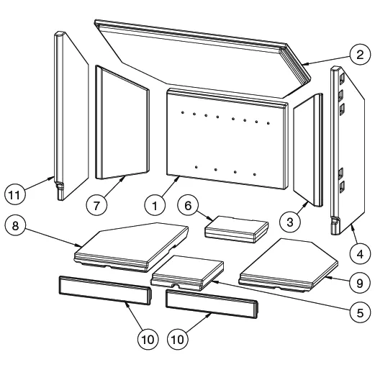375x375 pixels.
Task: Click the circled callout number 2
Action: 360,55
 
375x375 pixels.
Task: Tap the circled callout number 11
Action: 14,194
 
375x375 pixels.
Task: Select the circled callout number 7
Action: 96,206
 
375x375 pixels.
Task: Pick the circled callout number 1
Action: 155,206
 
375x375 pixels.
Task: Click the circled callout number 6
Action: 188,206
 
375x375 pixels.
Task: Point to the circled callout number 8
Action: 15,225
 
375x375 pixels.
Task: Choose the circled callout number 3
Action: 290,222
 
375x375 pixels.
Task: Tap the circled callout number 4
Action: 360,254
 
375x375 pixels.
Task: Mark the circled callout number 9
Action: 360,283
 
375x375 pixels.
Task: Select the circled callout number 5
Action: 360,312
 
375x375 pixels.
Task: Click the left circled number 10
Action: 148,339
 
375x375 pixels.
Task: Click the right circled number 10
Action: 178,339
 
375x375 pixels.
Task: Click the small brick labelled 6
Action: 236,229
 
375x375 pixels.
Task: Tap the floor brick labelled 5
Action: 187,273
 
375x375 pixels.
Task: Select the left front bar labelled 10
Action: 105,290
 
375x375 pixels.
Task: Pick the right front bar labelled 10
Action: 212,304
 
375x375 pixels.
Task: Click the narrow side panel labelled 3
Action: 308,150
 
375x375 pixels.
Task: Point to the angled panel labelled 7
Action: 122,122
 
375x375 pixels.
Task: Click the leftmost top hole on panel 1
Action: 183,112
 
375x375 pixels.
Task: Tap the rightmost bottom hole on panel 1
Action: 255,174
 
